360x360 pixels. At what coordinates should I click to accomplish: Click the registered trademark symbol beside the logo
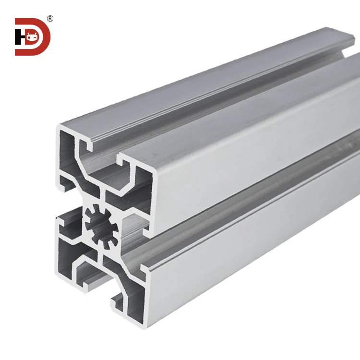tap(50, 19)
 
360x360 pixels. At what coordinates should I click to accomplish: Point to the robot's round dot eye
tap(30, 37)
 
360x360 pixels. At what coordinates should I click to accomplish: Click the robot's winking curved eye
tap(36, 36)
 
